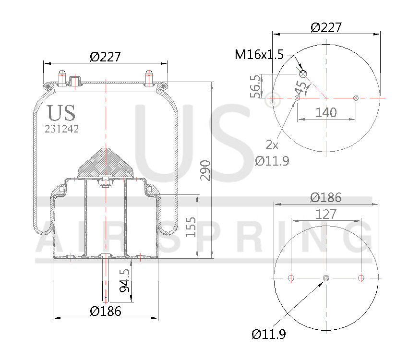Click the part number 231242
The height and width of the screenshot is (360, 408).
(x=61, y=129)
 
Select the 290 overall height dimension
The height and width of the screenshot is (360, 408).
(x=205, y=170)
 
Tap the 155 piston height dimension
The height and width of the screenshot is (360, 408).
(x=191, y=227)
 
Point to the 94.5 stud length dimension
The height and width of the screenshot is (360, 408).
(x=125, y=280)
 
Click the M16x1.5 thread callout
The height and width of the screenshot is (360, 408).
(x=259, y=55)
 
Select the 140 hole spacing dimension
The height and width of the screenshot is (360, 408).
(x=326, y=112)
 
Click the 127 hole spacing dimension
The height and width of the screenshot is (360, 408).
(x=326, y=214)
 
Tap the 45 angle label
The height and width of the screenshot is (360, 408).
(x=301, y=87)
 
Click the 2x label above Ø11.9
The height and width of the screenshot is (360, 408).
(x=272, y=144)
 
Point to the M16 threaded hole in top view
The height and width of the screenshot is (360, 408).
(x=303, y=74)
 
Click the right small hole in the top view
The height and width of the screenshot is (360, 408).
(x=356, y=98)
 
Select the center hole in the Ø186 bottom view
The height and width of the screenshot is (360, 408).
(x=326, y=278)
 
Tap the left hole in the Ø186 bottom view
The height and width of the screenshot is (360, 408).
(x=291, y=278)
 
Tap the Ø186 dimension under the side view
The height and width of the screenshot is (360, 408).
(x=106, y=311)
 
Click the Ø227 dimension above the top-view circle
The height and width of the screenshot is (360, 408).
(x=326, y=27)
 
